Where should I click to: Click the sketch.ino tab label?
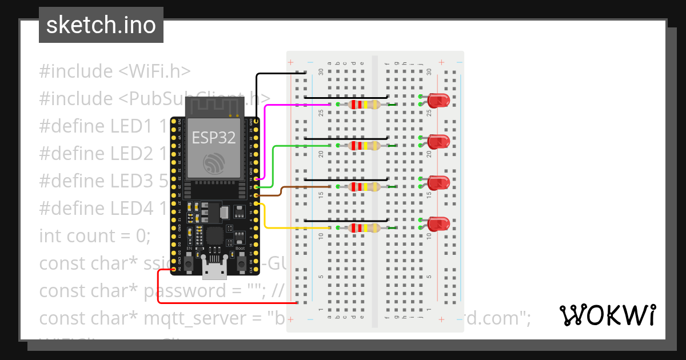coord(101,25)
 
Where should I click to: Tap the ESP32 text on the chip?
coord(214,137)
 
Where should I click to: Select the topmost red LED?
coord(438,101)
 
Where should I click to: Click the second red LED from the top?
coord(438,142)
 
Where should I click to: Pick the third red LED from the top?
coord(438,183)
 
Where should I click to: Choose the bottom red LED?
coord(438,224)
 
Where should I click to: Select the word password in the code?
coord(186,291)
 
